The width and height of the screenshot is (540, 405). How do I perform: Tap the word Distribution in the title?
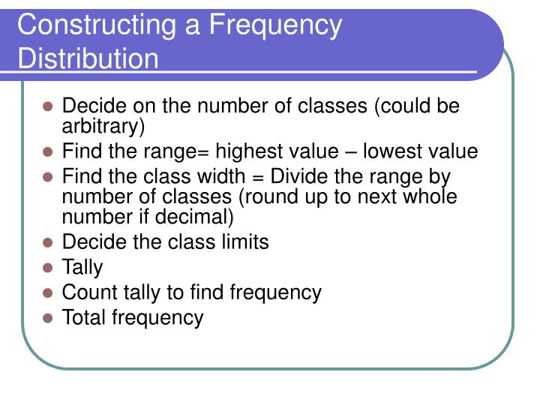pos(88,58)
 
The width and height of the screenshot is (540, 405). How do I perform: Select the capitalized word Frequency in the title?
pos(274,25)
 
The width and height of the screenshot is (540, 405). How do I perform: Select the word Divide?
pos(300,178)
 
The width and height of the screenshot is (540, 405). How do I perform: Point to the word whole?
pos(430,197)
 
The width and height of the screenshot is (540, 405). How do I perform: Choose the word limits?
pos(238,242)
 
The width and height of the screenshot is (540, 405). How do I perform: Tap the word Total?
pos(84,317)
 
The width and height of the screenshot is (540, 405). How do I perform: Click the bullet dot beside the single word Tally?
pos(47,268)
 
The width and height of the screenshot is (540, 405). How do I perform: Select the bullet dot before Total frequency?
pos(47,318)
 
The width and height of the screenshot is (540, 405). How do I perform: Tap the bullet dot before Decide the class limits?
pos(47,243)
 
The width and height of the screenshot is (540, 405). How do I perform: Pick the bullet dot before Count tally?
pos(47,292)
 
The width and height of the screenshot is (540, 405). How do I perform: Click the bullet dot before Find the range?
pos(47,152)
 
